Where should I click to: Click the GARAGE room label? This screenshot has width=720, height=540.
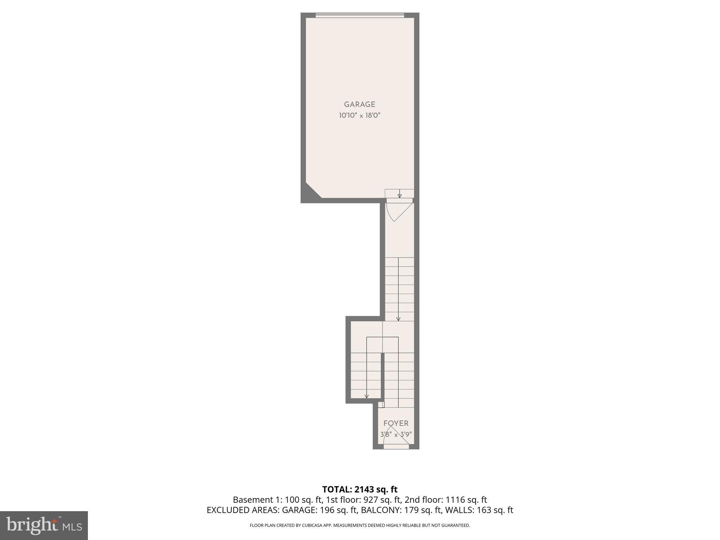click(x=360, y=104)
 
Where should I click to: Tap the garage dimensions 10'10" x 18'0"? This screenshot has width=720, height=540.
click(x=360, y=115)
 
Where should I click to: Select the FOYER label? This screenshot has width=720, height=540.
click(x=396, y=423)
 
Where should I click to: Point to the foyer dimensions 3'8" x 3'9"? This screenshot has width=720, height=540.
click(x=396, y=434)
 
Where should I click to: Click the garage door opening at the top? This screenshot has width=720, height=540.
click(x=360, y=15)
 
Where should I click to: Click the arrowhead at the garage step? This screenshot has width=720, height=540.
click(x=400, y=196)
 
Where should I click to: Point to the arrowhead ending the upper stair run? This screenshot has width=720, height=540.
click(x=398, y=319)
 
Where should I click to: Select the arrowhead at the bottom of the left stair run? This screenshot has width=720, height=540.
click(x=367, y=396)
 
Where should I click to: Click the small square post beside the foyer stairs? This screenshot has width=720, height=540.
click(x=381, y=405)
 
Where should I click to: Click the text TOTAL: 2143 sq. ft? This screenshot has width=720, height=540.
click(x=360, y=489)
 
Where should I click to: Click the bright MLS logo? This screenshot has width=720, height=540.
click(x=44, y=526)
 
